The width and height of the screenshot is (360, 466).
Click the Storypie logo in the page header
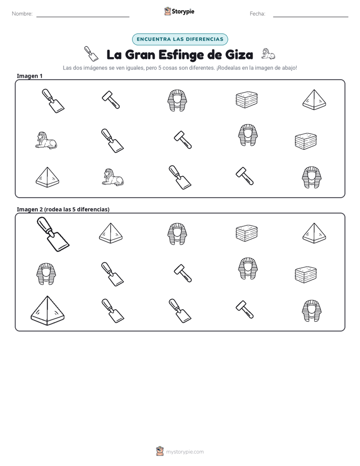(179, 11)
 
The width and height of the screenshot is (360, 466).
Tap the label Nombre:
(22, 14)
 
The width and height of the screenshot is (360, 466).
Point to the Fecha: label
(257, 14)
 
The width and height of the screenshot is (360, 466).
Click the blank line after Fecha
(311, 17)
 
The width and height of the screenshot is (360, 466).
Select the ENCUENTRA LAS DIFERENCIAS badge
(179, 39)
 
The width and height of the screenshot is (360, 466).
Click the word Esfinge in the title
(182, 55)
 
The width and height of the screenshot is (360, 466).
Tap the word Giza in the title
(239, 54)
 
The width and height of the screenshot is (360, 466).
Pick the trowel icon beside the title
(91, 53)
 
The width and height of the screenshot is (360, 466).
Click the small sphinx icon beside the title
(268, 54)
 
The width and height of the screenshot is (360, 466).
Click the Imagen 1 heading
(29, 76)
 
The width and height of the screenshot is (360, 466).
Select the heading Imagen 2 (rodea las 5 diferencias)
(63, 209)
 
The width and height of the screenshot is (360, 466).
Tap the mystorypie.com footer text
(185, 452)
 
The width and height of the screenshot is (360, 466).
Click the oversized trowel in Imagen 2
(53, 235)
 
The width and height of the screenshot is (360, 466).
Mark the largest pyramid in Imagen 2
(47, 310)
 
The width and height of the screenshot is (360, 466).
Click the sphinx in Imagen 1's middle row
(46, 140)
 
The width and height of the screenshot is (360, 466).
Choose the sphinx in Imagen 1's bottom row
(112, 177)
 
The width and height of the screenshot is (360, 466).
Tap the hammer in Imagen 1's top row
(111, 99)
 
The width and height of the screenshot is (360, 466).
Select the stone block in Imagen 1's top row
(247, 99)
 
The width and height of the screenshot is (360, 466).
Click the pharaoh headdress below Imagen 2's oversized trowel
(46, 274)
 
